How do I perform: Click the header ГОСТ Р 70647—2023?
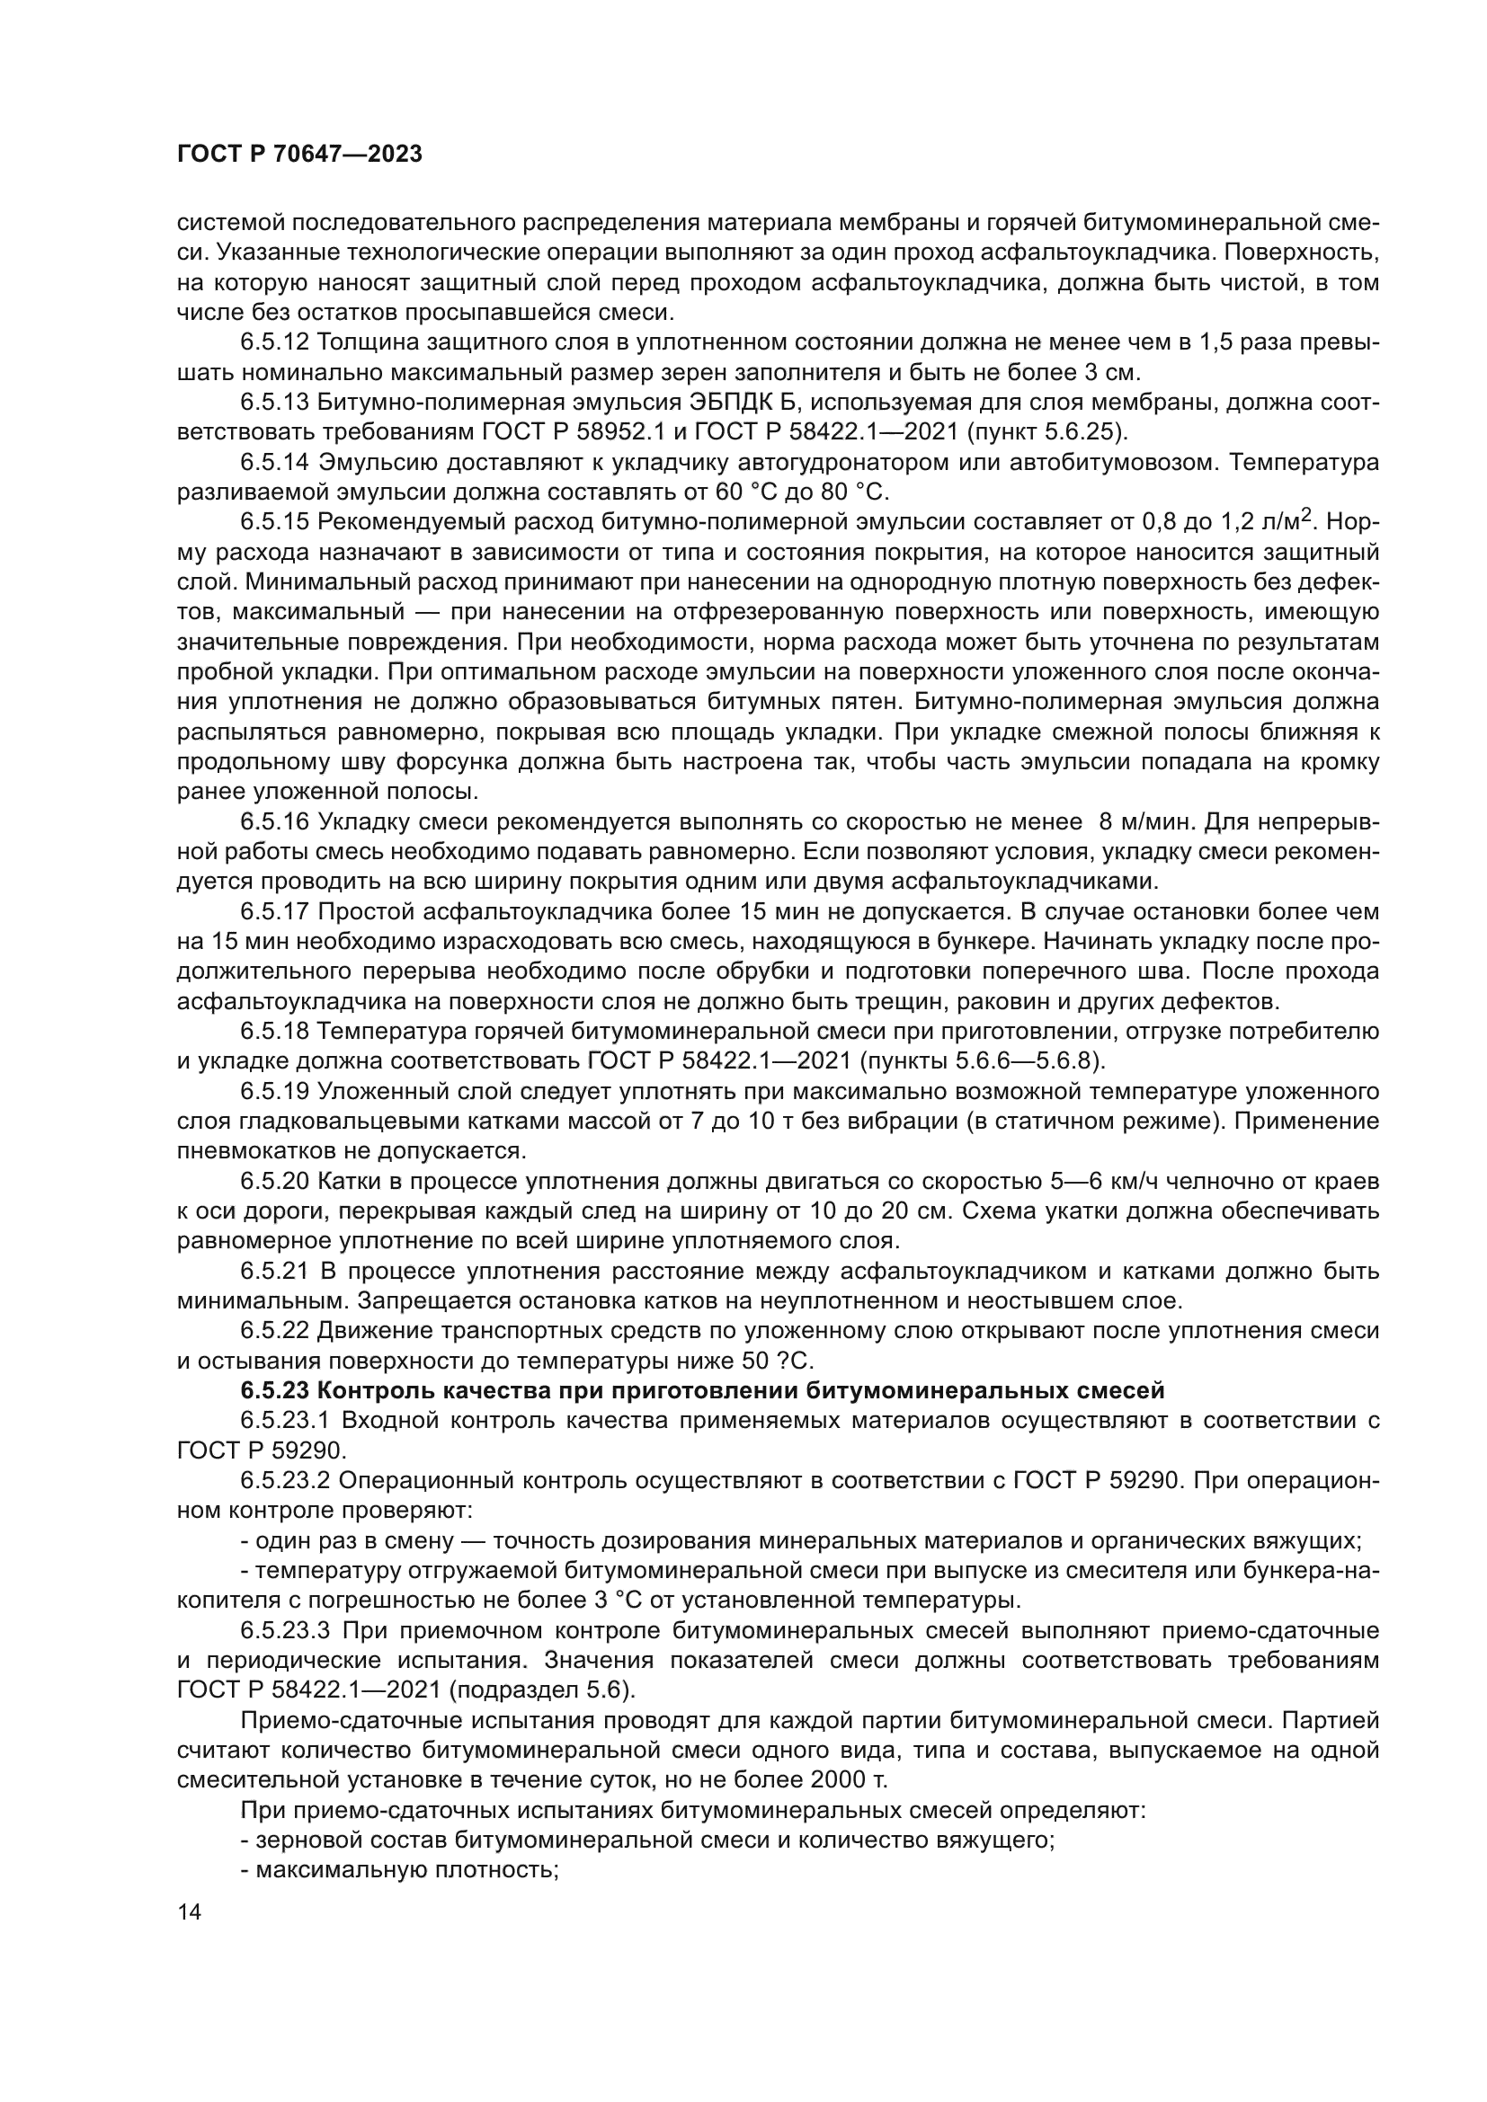(x=299, y=155)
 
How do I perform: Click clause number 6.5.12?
(x=276, y=342)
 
